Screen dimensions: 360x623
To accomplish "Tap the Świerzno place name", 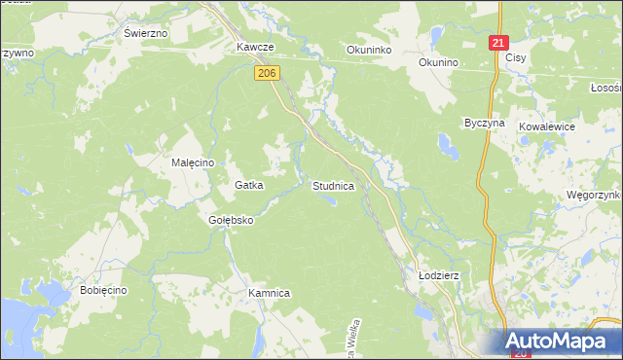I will point(146,32).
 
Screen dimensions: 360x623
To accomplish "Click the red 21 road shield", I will point(498,44).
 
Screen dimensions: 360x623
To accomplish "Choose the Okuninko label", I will point(369,49).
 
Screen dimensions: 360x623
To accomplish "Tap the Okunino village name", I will point(438,62).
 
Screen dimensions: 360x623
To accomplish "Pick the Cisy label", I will point(516,58).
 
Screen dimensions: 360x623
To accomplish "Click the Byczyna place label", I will point(484,125).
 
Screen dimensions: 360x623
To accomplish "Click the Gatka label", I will point(250,185).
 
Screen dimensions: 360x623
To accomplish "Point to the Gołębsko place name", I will point(231,220).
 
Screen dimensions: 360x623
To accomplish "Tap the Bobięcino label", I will point(104,291).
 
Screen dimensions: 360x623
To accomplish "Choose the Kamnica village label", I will point(270,293).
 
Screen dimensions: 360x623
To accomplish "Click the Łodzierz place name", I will point(438,275).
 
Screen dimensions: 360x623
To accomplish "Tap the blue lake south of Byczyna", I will point(449,148).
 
